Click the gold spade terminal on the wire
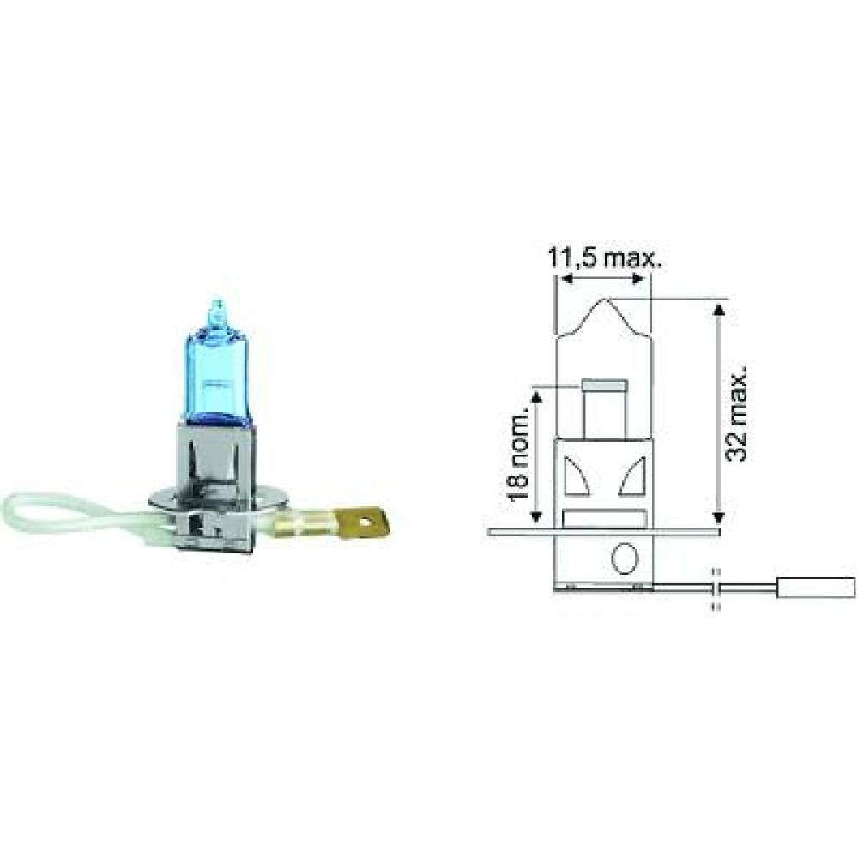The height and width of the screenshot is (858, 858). click(366, 522)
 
